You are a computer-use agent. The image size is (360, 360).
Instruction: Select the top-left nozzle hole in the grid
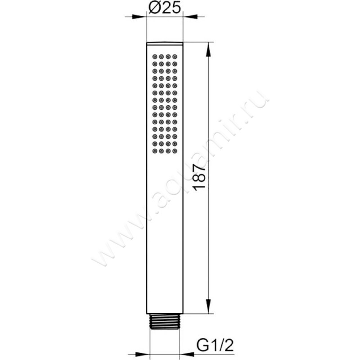pos(154,57)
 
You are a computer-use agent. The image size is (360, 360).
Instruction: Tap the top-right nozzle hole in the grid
pos(175,57)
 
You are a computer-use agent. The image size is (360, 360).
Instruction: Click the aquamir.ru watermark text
pos(180,180)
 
